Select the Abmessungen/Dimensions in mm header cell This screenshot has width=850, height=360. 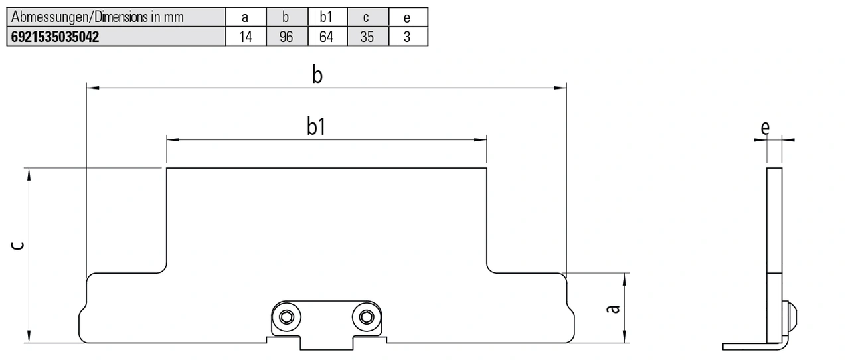coord(98,17)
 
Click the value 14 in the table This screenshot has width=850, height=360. coord(246,37)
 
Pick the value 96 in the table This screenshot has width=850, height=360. coord(286,37)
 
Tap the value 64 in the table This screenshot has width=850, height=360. coord(326,37)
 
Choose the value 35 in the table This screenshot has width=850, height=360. coord(367,37)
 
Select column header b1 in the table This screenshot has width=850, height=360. coord(326,17)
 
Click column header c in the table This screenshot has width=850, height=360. coord(367,17)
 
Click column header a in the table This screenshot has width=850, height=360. coord(246,17)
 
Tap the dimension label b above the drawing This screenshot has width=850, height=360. coord(317,75)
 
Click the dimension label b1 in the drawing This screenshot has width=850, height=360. coord(316,127)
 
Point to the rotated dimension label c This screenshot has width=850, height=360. coord(19,246)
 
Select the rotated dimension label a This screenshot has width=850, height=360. coord(614,308)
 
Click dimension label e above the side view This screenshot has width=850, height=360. coord(766,128)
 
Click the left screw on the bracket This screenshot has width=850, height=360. coord(287,317)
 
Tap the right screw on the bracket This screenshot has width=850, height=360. coord(365,317)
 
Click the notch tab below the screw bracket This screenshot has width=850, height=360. coord(326,343)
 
